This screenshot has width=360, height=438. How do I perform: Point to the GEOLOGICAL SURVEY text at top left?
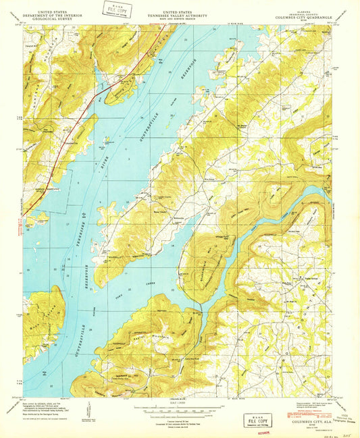point(41,18)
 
